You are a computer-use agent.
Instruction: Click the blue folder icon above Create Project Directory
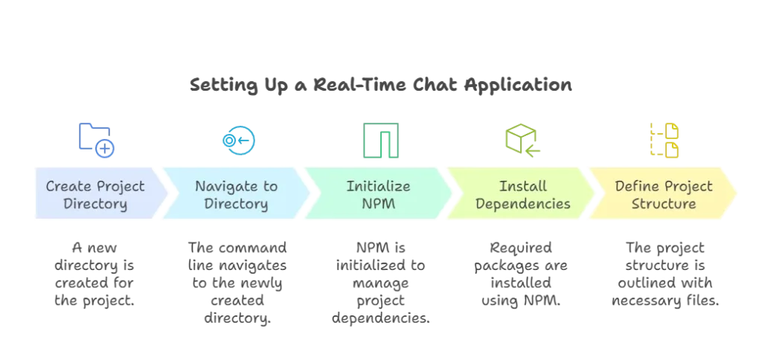[x=95, y=138]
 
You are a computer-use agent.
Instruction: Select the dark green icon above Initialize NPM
[x=380, y=139]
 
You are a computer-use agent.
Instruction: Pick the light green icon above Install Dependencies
[x=522, y=139]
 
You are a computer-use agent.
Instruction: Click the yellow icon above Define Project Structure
[x=663, y=139]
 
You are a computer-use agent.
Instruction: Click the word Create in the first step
[x=68, y=187]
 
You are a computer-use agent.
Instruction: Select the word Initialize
[x=378, y=187]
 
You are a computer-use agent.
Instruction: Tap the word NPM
[x=378, y=204]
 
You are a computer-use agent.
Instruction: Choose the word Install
[x=522, y=187]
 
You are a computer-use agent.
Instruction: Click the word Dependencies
[x=522, y=204]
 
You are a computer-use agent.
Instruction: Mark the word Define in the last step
[x=638, y=187]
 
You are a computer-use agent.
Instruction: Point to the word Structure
[x=664, y=204]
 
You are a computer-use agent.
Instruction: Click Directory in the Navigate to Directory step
[x=236, y=204]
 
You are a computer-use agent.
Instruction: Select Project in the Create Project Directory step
[x=121, y=187]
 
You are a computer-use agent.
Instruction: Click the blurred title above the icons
[x=380, y=88]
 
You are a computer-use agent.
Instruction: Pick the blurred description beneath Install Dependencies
[x=522, y=274]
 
